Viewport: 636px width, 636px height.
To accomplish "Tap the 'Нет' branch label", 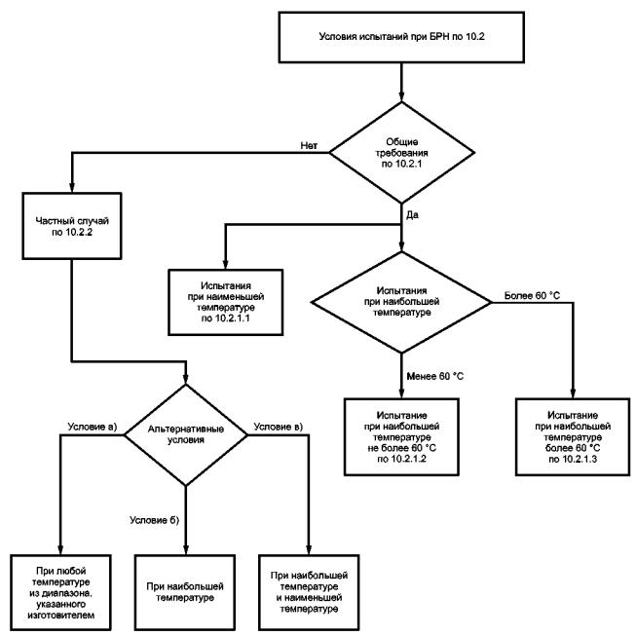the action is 309,146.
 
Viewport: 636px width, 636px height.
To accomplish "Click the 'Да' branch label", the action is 412,215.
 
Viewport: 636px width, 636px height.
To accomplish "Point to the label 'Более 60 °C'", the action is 532,296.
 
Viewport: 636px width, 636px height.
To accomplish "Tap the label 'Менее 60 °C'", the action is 434,376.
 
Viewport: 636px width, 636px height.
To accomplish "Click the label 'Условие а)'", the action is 93,427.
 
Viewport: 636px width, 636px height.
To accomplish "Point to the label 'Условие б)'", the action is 154,520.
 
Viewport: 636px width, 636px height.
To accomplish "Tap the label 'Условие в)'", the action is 279,427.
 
